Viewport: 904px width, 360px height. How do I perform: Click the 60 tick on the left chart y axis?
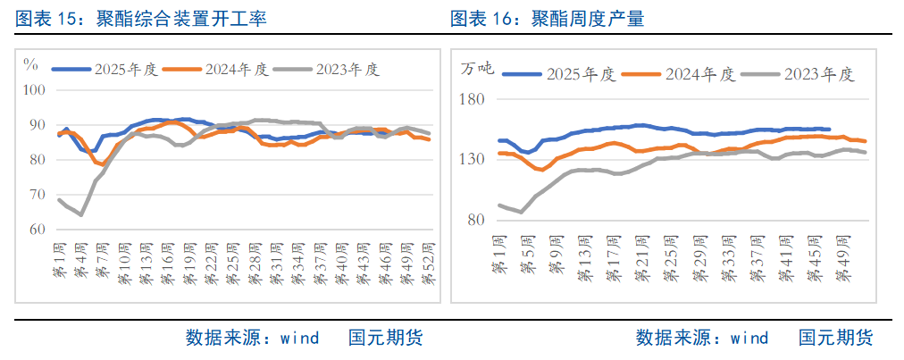click(38, 230)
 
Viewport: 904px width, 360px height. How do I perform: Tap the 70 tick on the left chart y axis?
click(38, 195)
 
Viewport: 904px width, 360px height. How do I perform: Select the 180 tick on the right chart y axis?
click(471, 99)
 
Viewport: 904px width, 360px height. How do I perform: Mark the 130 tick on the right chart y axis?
click(471, 159)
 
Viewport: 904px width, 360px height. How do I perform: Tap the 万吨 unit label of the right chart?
click(476, 68)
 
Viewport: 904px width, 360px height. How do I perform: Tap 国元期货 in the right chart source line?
click(835, 338)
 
